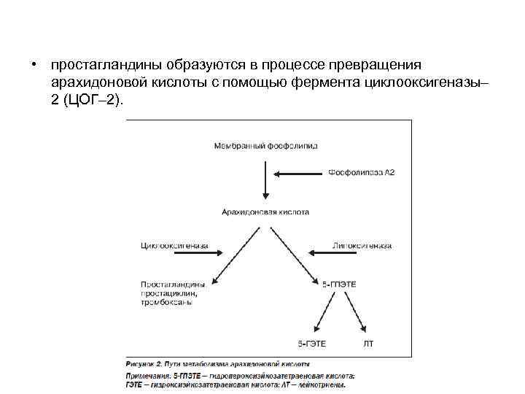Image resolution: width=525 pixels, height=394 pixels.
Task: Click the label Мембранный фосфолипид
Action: coord(266,146)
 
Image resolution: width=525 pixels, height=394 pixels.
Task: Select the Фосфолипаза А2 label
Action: coord(360,173)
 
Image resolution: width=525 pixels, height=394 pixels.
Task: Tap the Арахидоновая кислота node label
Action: coord(265,212)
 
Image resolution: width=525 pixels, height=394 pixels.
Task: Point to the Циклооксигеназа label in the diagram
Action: coord(174,246)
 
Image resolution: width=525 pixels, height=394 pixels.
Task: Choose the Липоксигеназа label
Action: coord(361,246)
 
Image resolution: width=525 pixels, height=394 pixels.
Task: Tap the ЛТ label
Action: coord(368,342)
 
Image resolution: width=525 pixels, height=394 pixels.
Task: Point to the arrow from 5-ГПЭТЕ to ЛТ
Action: coord(356,310)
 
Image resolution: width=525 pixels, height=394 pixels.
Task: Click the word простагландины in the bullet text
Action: coord(93,66)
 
